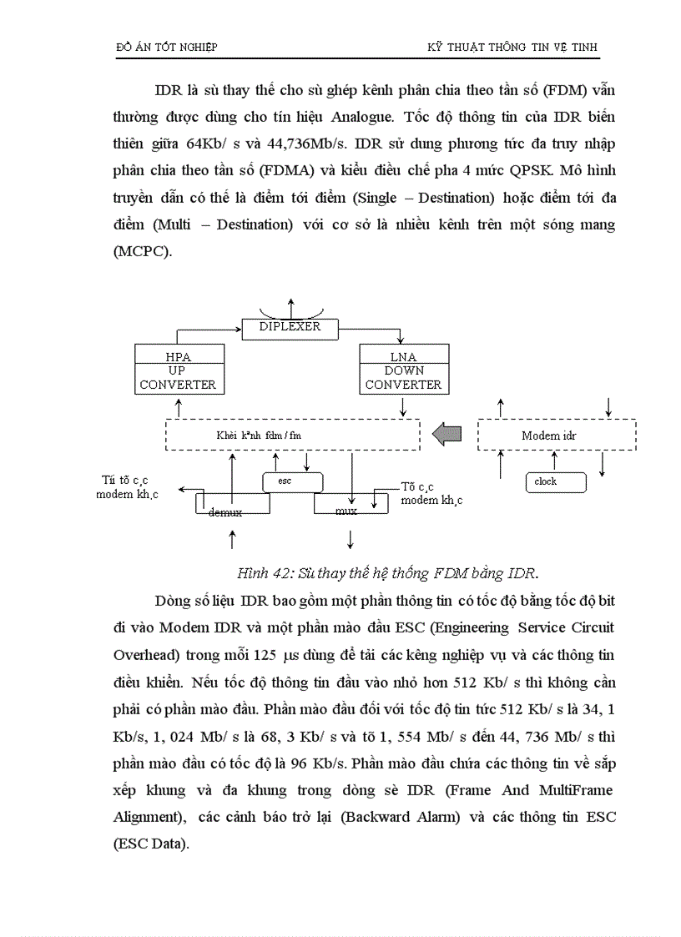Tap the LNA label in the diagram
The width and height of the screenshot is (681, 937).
[x=402, y=356]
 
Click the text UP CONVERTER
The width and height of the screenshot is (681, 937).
[x=177, y=378]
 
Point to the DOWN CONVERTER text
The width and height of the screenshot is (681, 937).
[x=403, y=378]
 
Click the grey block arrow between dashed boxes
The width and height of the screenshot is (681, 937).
[x=446, y=433]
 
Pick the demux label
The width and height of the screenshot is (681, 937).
[x=225, y=512]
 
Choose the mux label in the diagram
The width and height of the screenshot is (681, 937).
[x=346, y=511]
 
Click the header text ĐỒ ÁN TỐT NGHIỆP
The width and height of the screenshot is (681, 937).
[x=166, y=47]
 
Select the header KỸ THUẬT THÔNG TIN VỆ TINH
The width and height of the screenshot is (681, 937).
[x=512, y=47]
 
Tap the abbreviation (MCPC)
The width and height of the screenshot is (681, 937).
[x=142, y=252]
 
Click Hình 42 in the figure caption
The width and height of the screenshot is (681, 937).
[x=262, y=573]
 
